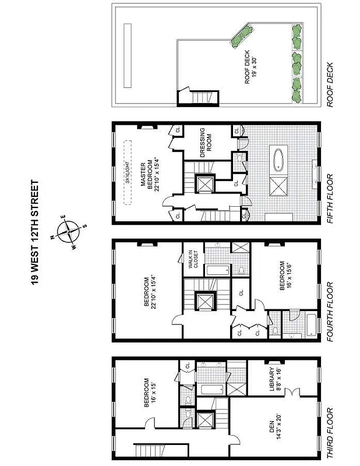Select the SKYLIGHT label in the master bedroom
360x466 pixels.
(129, 170)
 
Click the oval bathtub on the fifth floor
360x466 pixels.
(278, 158)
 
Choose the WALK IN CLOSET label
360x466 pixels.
(190, 262)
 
